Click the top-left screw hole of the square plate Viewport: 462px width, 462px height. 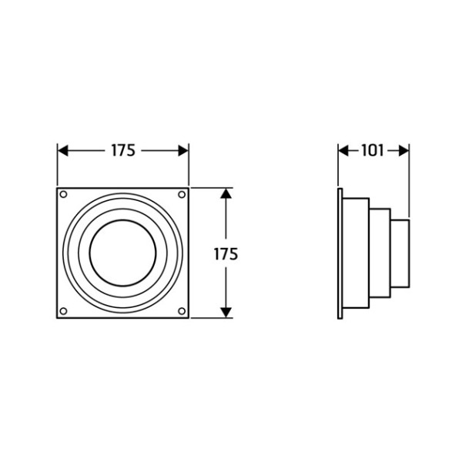click(63, 195)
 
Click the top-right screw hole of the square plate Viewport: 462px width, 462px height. click(182, 195)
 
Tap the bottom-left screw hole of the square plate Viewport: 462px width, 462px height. click(63, 311)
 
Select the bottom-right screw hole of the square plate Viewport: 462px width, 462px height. click(182, 311)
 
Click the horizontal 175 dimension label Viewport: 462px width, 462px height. click(123, 151)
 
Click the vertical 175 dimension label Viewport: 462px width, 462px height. click(226, 254)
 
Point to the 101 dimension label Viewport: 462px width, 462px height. click(373, 151)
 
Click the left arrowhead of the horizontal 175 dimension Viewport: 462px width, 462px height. click(63, 151)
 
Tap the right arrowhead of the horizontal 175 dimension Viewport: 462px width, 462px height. click(183, 151)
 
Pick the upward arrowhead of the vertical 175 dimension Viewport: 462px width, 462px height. click(226, 194)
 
